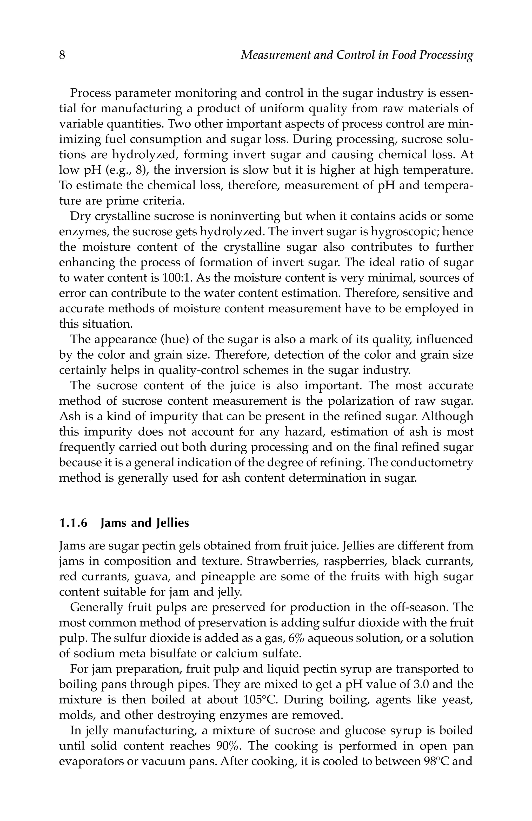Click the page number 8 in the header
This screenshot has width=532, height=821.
coord(62,55)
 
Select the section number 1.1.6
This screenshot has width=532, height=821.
coord(73,523)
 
